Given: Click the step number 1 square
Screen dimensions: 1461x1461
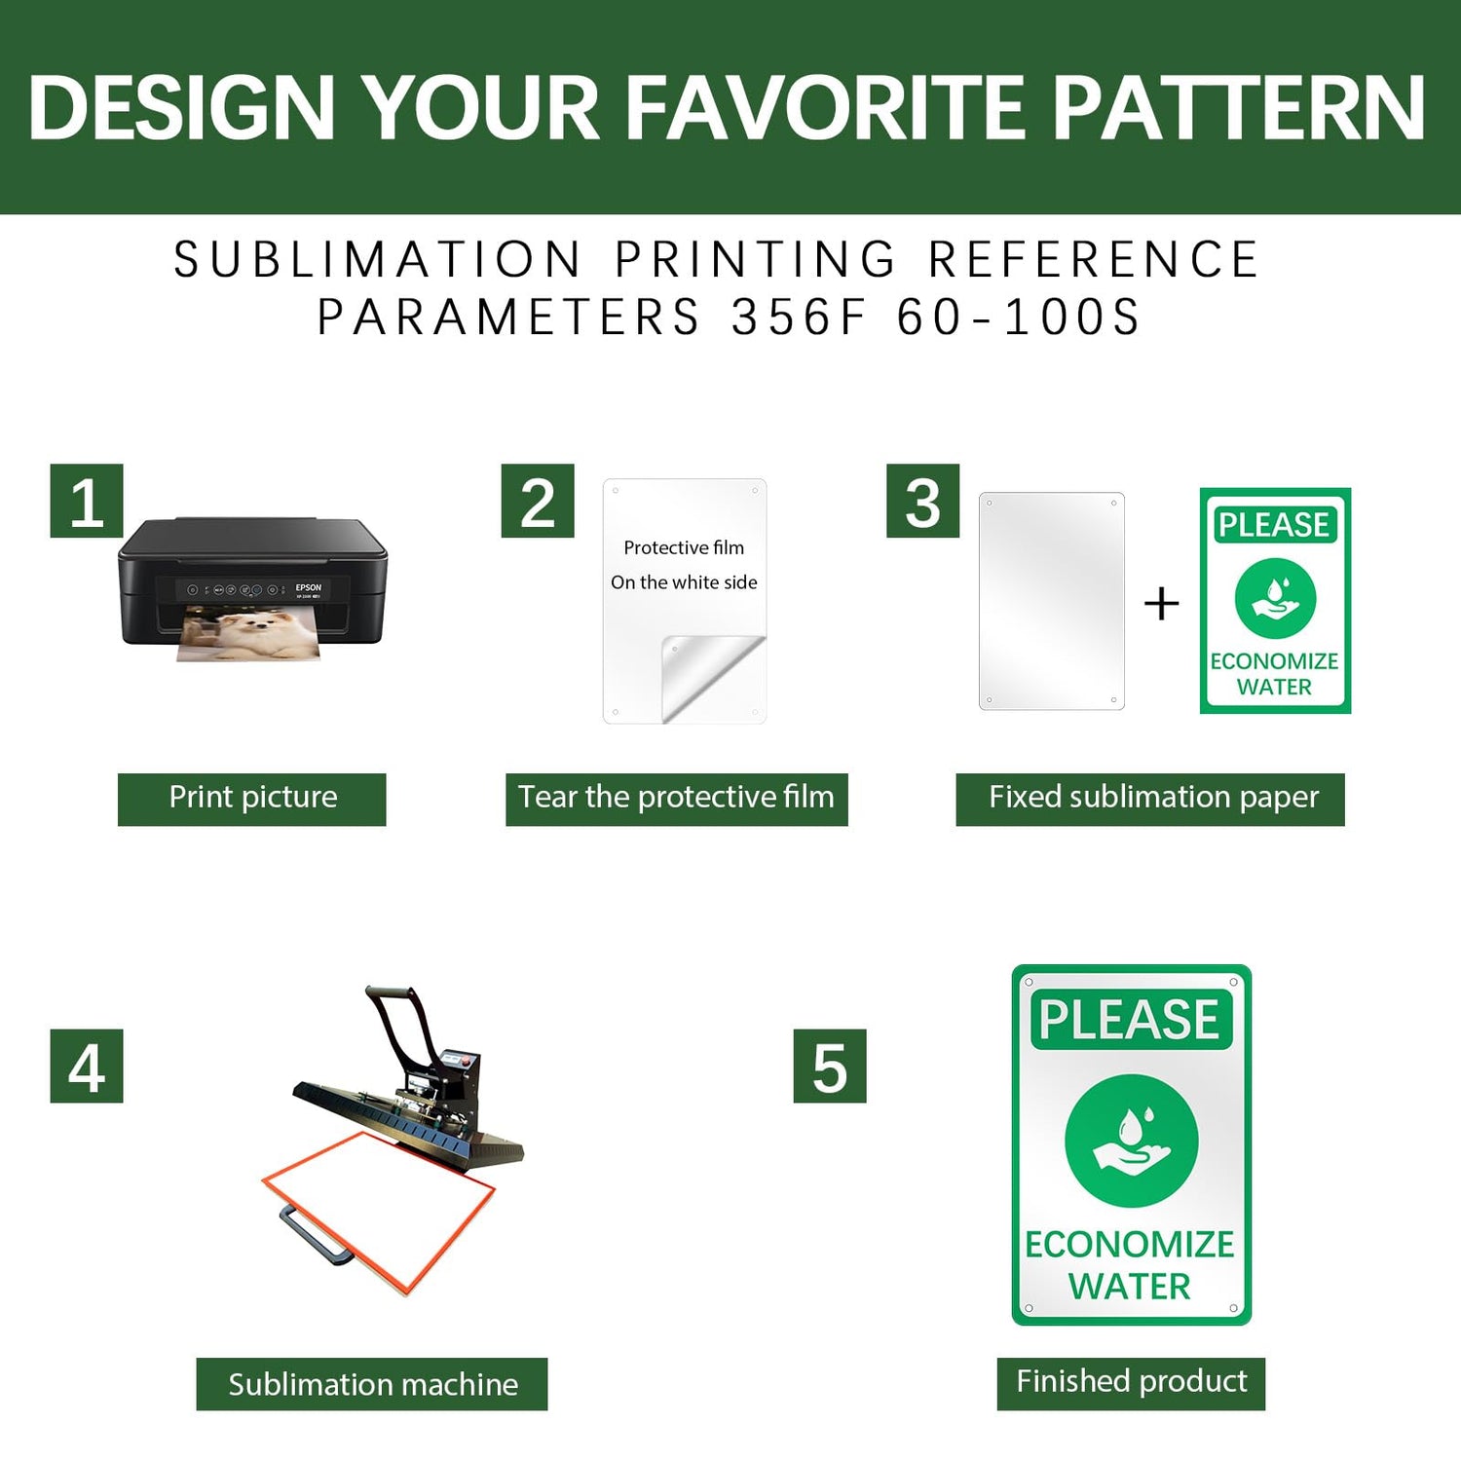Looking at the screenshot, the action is [x=87, y=501].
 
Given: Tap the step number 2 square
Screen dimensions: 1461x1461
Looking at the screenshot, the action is [x=538, y=501].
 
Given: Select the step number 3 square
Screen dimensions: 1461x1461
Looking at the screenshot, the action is [x=922, y=501].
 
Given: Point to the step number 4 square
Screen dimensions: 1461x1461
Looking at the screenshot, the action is [x=87, y=1066].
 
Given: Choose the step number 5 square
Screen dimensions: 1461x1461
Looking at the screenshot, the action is [x=830, y=1066].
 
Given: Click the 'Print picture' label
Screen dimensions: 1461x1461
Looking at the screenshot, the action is [x=252, y=799].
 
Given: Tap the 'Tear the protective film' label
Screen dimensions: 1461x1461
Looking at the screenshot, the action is [x=677, y=799].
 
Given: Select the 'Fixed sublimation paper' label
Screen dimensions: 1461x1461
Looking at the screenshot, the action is [x=1150, y=799].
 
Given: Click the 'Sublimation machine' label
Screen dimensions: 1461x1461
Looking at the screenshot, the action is [x=372, y=1384].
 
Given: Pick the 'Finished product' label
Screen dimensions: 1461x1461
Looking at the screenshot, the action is [x=1131, y=1383].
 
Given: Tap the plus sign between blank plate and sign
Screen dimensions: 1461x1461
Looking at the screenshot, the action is [x=1161, y=604].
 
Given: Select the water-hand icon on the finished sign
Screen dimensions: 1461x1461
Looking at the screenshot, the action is [x=1131, y=1141].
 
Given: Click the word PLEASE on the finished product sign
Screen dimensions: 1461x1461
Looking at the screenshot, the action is [x=1130, y=1020].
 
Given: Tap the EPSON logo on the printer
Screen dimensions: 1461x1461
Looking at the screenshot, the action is [x=308, y=587].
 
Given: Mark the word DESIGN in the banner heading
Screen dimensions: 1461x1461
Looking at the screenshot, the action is [x=182, y=107].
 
